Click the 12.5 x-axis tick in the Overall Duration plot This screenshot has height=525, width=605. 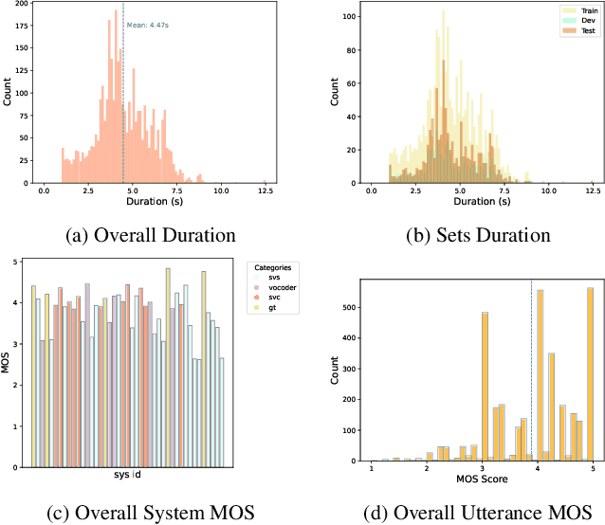pos(266,191)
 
